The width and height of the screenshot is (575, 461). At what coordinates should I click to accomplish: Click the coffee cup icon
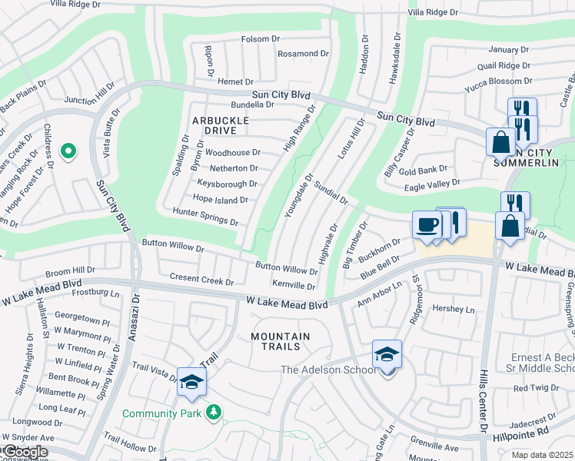[427, 225]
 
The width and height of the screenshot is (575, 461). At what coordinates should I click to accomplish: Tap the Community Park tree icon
[214, 413]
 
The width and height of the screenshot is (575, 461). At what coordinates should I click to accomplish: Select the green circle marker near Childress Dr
[68, 152]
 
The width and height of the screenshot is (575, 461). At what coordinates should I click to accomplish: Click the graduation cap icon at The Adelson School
[387, 354]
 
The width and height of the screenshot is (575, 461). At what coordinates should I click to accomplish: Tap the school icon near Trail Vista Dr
[191, 382]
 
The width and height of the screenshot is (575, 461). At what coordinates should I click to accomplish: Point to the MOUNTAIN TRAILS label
[281, 343]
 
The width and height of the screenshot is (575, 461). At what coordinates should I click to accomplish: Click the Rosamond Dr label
[303, 54]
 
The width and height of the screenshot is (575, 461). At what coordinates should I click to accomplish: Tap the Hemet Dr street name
[235, 82]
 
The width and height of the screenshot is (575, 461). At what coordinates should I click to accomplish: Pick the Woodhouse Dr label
[233, 153]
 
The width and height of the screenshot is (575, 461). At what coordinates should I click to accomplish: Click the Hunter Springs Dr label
[205, 217]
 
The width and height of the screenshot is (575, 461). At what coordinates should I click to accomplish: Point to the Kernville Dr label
[294, 285]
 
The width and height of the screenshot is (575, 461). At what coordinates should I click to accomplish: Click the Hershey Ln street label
[454, 310]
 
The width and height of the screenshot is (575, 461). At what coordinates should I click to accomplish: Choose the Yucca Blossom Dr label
[498, 81]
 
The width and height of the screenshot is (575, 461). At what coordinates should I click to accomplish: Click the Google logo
[25, 452]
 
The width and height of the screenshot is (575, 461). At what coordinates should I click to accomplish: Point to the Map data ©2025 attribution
[542, 455]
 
